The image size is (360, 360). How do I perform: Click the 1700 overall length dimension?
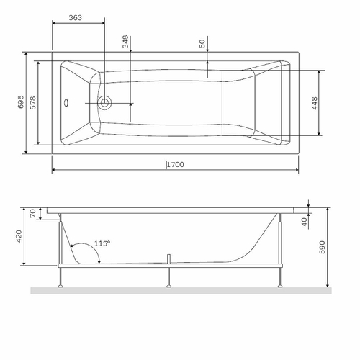175,165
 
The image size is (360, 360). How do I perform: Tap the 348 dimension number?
125,42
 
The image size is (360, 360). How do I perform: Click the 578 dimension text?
32,102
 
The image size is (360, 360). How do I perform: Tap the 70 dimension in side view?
32,213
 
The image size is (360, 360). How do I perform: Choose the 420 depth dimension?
19,235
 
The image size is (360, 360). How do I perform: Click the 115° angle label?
102,244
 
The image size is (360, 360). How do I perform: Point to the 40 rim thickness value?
304,221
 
